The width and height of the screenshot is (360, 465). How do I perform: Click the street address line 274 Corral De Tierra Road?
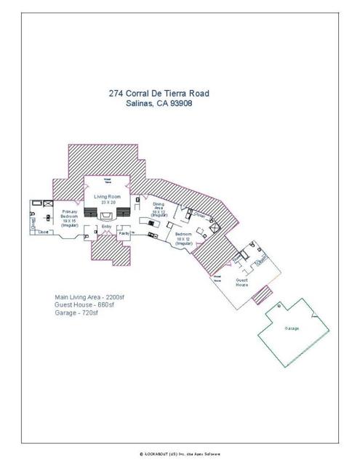point(159,94)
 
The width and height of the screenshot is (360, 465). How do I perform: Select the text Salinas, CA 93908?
point(159,104)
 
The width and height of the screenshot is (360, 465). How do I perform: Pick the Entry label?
point(106,227)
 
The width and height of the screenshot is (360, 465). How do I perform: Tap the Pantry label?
point(124,233)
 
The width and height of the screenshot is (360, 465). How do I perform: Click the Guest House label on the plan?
point(243,282)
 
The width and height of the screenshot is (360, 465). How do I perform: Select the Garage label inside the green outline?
point(292,328)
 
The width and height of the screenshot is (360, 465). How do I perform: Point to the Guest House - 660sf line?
point(84,305)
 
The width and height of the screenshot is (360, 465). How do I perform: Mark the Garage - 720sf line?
point(75,313)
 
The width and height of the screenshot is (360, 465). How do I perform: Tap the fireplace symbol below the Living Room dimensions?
point(107,215)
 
